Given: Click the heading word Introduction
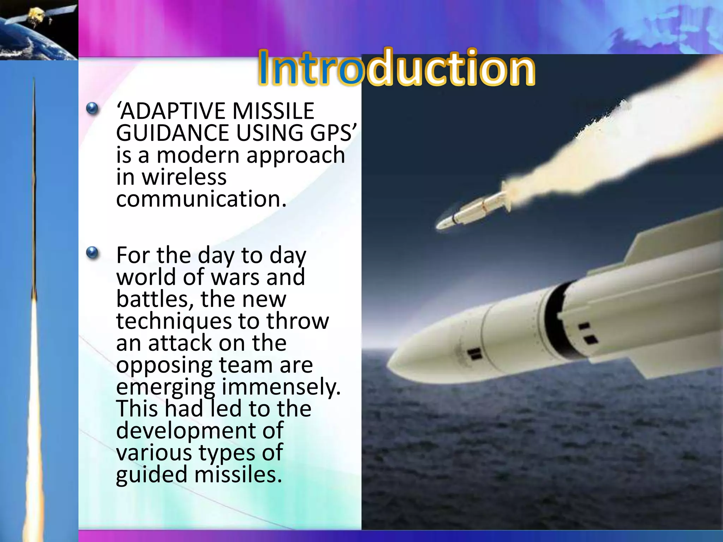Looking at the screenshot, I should coord(396,68).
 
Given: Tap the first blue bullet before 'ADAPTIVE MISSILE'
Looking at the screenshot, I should coord(92,108).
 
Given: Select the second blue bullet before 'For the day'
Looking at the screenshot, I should coord(92,253).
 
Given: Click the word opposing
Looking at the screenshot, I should coord(164,365).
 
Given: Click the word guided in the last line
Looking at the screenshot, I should coord(152,475).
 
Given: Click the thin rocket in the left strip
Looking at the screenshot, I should coord(34,194).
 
